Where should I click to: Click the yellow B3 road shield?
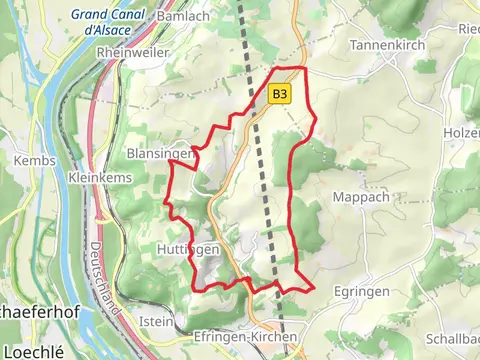pos(279,94)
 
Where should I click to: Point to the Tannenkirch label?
pos(388,46)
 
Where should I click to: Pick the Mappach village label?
pos(359,197)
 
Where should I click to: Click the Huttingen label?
pos(182,247)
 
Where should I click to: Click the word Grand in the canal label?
pos(89,15)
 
